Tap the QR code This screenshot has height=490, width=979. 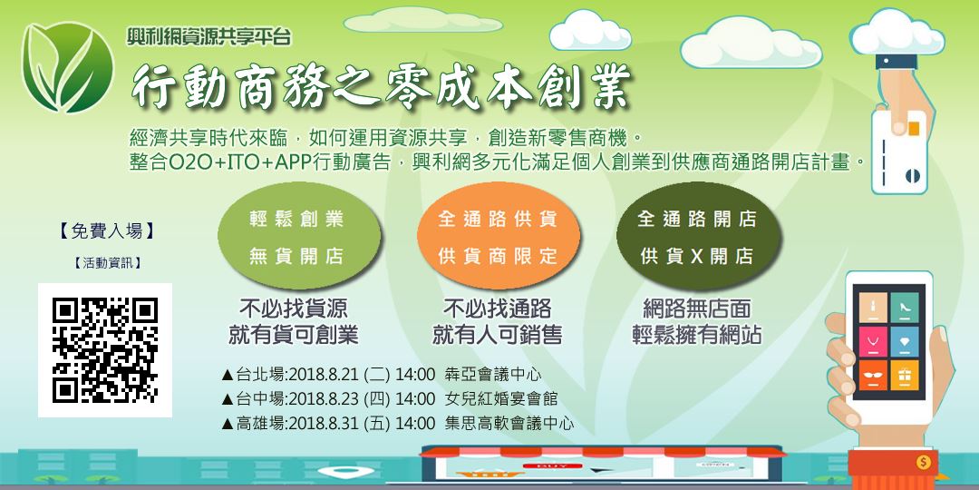(105, 349)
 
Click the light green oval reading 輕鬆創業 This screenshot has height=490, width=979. (296, 238)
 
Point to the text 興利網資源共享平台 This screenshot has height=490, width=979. (209, 38)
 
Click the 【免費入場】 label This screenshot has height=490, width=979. (105, 231)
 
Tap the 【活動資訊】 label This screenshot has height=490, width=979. (105, 263)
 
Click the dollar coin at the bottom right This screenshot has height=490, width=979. (924, 463)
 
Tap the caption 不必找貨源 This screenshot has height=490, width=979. (293, 309)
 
